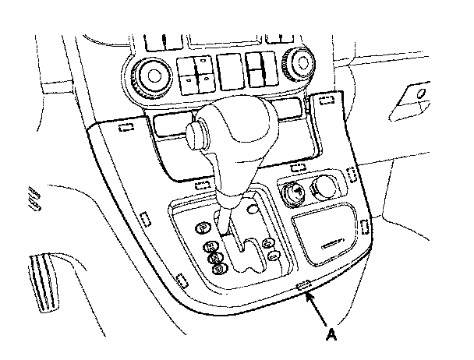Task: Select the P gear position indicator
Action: tap(203, 228)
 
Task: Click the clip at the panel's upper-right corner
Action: tap(327, 99)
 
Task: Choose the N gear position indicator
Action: tap(214, 257)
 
